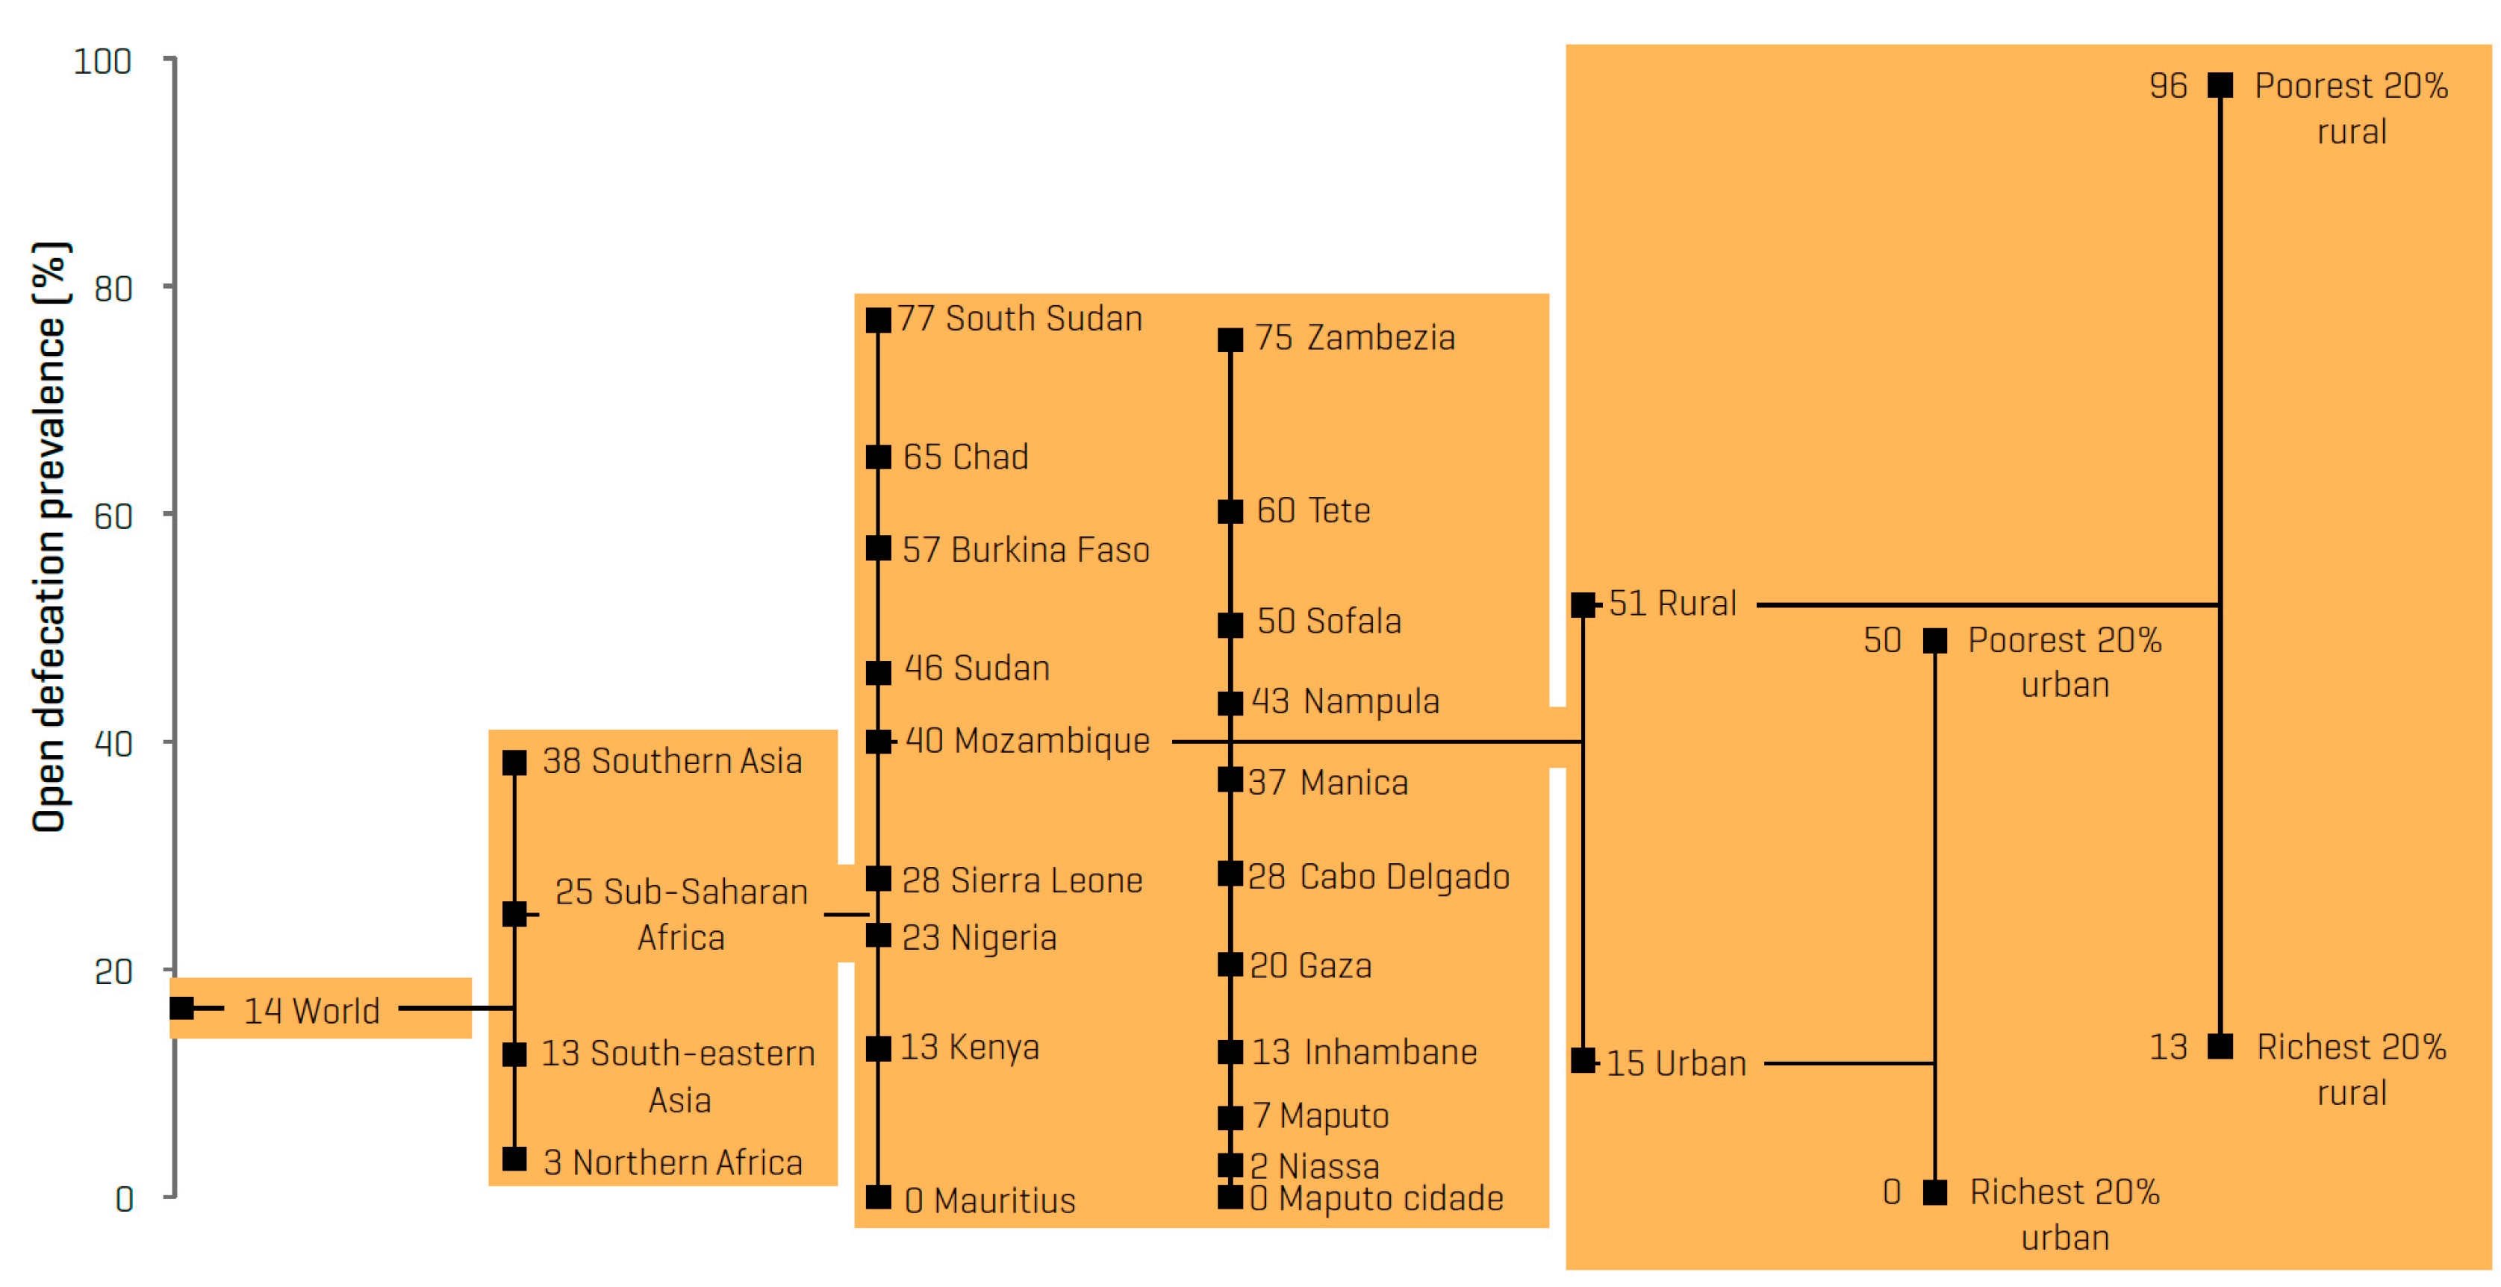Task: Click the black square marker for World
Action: coord(181,1009)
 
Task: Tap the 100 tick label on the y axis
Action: coord(102,62)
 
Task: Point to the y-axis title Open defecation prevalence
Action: coord(49,536)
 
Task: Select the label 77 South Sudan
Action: coord(1019,319)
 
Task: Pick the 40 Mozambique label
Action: coord(1027,742)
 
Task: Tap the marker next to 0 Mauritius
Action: coord(879,1197)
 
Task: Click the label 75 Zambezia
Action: coord(1354,338)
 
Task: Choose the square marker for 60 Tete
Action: coord(1230,512)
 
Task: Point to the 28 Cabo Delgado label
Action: coord(1379,877)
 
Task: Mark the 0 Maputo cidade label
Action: coord(1377,1199)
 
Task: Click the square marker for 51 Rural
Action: coord(1583,604)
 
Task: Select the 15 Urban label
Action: coord(1676,1064)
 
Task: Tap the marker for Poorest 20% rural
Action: coord(2220,85)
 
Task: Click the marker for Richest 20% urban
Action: coord(1935,1193)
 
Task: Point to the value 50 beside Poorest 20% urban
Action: coord(1881,641)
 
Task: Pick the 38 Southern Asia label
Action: coord(672,761)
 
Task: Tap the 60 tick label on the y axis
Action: coord(113,516)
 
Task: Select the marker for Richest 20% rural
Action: coord(2220,1046)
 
